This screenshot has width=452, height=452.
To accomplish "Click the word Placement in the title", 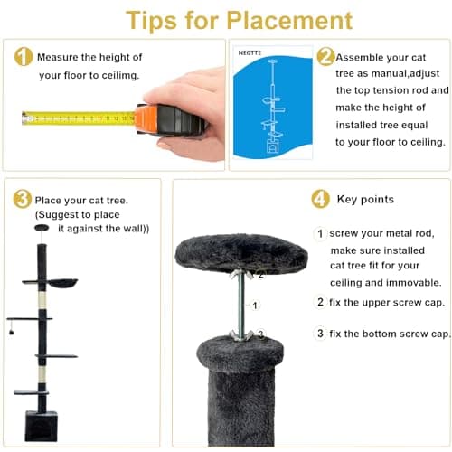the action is [x=289, y=21].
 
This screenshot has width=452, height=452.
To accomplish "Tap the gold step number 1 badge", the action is [x=24, y=57].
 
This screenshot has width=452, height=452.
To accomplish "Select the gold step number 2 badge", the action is [x=325, y=56].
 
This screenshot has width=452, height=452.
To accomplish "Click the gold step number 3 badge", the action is [x=22, y=199].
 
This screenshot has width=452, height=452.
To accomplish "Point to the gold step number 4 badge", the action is [x=320, y=199].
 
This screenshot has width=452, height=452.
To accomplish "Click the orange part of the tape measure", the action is [x=146, y=119].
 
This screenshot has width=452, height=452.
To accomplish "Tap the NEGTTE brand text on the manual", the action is [x=250, y=53].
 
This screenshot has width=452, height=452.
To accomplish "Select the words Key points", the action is [x=365, y=200].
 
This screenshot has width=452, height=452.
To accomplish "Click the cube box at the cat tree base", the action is [x=41, y=426].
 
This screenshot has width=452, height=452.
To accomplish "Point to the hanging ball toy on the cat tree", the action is [x=12, y=332].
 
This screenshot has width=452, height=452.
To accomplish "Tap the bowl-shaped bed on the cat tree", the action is [x=62, y=283].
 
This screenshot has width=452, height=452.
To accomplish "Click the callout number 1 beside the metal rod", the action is [x=255, y=306].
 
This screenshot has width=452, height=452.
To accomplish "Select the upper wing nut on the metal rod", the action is [x=242, y=275].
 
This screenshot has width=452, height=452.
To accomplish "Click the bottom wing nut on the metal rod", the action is [x=240, y=335].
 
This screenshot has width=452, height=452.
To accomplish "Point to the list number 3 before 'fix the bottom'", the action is [x=320, y=334].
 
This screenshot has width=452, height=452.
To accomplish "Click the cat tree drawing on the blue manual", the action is [x=272, y=106].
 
